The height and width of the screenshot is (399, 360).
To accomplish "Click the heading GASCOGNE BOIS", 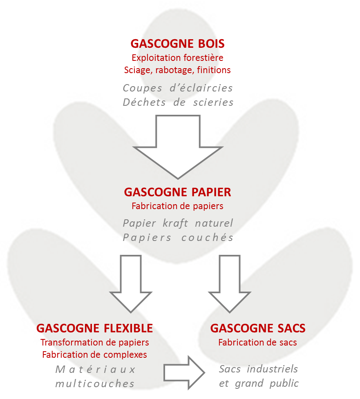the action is [x=177, y=44].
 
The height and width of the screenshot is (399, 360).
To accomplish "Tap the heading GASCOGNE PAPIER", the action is [x=177, y=192].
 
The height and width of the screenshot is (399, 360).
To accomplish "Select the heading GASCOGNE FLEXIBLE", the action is [x=94, y=328].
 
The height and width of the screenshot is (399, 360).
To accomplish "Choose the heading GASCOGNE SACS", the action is [x=258, y=328].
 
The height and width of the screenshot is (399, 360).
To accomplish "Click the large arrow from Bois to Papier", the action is [x=178, y=147].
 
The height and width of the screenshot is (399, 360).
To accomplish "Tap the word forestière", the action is [x=203, y=58].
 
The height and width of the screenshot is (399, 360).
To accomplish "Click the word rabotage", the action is [x=174, y=70].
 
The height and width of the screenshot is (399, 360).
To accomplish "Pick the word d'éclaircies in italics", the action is [x=201, y=88].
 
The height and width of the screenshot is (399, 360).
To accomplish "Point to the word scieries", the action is [x=213, y=102].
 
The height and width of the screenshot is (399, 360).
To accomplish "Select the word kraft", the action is [x=175, y=223].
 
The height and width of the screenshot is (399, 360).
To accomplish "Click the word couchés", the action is [x=208, y=237].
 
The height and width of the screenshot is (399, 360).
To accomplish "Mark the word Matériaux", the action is [x=95, y=370].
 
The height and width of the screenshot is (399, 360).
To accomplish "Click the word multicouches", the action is [x=95, y=384].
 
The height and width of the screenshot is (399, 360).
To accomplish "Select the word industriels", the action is [x=272, y=369].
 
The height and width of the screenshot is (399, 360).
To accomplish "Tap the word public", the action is [x=284, y=383].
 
